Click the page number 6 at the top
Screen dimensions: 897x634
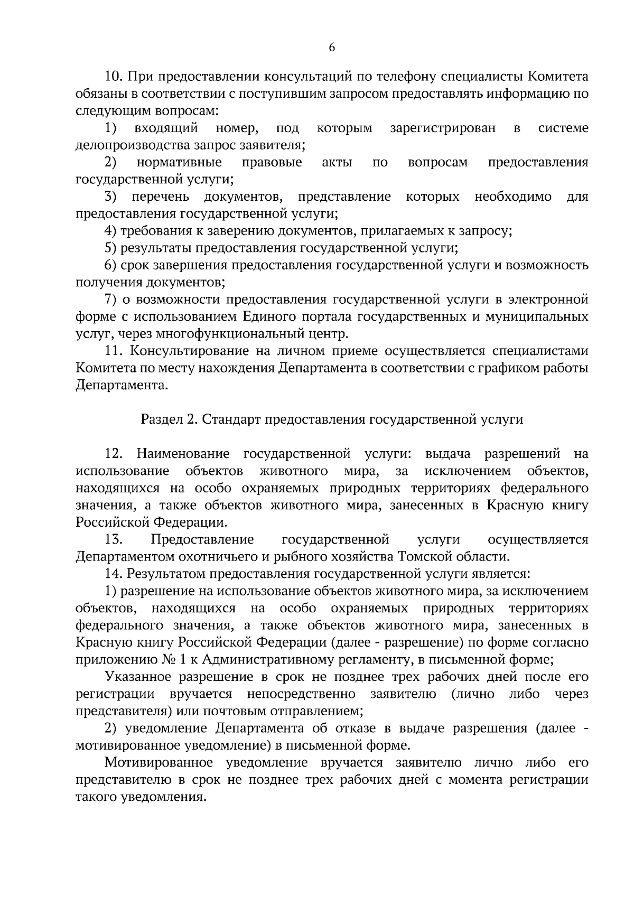click(332, 48)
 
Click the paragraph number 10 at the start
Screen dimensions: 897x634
click(114, 77)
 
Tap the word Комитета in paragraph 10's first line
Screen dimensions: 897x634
click(558, 77)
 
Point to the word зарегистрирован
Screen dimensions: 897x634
click(443, 128)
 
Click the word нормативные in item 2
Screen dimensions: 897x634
click(179, 162)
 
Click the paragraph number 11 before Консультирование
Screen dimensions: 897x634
click(114, 351)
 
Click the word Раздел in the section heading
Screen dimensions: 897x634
click(160, 419)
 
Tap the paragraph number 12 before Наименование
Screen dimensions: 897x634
click(114, 454)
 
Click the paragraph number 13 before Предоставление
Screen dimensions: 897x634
click(114, 539)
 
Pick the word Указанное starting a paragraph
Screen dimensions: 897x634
click(138, 677)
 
